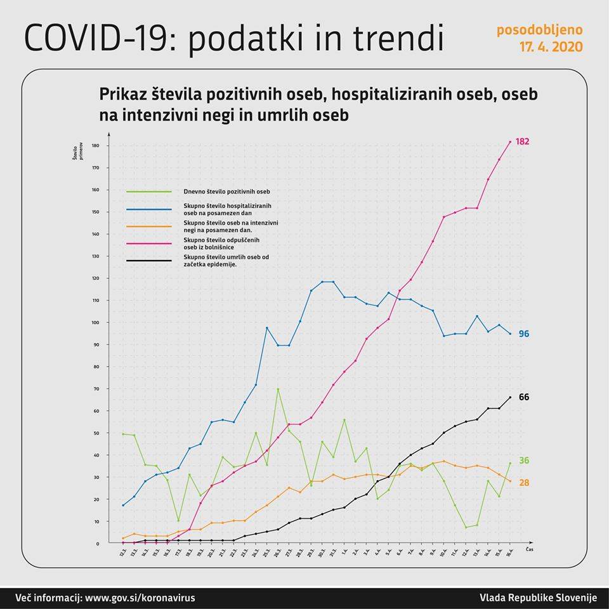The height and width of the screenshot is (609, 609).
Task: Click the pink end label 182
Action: [522, 141]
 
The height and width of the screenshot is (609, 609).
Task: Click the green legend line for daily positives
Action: [149, 191]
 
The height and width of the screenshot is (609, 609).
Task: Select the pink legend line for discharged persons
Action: [149, 243]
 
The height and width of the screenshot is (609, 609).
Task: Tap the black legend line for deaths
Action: [149, 260]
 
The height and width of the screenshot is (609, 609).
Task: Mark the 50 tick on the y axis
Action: [97, 433]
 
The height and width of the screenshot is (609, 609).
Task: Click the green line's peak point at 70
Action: [278, 389]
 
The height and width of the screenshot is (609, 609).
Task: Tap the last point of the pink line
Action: [510, 141]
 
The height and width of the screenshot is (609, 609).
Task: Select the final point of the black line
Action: [510, 397]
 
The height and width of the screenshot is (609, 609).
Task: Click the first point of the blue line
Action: [122, 505]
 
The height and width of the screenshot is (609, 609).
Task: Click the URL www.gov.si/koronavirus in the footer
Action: [140, 598]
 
